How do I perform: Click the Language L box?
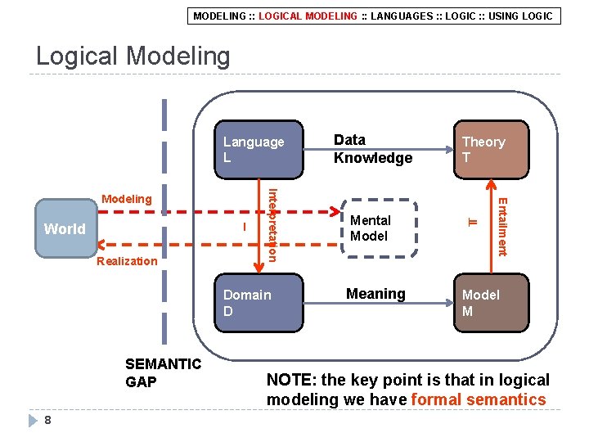point(258,149)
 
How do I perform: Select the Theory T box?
point(492,149)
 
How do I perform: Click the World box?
point(65,228)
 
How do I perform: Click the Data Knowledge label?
point(373,149)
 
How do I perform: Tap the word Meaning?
point(375,294)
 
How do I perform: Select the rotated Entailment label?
point(503,226)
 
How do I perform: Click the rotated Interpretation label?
point(273,224)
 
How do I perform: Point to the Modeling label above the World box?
point(126,199)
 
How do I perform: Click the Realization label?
point(126,261)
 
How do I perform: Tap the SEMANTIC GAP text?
point(163,372)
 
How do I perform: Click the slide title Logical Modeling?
point(133,56)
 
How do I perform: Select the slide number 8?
point(48,421)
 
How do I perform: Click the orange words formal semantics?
point(479,399)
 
